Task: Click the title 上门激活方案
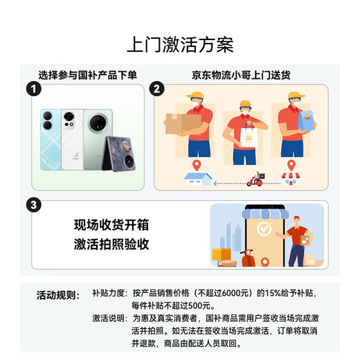coord(180,45)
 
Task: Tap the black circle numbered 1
coord(30,89)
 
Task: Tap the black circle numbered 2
coord(157,89)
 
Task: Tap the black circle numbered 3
coord(30,206)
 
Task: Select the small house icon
coord(195,178)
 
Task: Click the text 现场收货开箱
coord(111,225)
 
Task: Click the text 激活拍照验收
coord(111,244)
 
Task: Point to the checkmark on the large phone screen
coord(263,228)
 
